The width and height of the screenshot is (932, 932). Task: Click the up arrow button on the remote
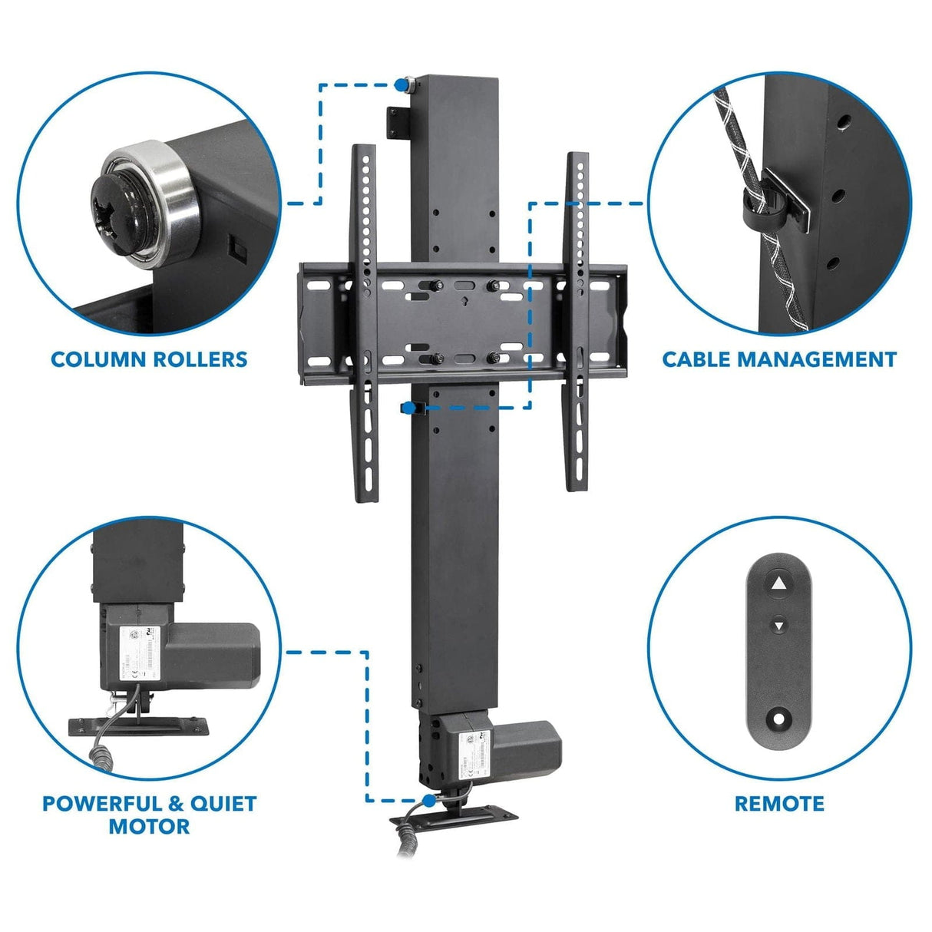tap(779, 584)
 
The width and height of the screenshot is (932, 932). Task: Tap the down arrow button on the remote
tap(779, 626)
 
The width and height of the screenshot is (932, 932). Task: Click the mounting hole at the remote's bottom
tap(779, 719)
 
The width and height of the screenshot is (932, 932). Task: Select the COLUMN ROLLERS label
tap(149, 359)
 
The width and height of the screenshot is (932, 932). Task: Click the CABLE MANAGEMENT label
tap(779, 359)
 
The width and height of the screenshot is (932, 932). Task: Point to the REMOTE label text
tap(779, 804)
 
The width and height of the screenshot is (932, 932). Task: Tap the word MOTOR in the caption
tap(149, 827)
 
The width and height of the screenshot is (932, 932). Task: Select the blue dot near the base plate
tap(428, 800)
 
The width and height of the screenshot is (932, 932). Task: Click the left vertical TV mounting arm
tap(363, 322)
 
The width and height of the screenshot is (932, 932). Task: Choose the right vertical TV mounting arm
tap(577, 322)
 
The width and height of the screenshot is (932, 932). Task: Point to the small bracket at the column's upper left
tap(398, 122)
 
